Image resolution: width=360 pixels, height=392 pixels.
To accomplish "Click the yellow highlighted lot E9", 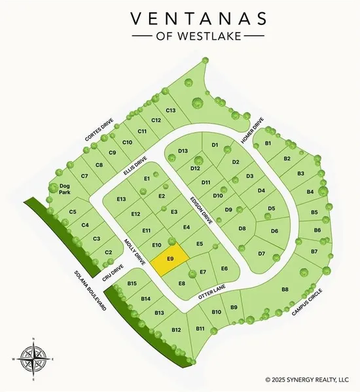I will click(x=170, y=260).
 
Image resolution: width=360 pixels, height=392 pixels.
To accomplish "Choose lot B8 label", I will click(x=285, y=289).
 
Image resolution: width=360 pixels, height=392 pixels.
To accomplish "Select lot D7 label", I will click(x=261, y=253).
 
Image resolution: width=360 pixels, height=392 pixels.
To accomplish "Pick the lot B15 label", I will click(x=132, y=283).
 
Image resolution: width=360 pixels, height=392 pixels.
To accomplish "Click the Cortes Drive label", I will click(x=99, y=130).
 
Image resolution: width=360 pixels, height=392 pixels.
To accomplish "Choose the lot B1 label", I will click(x=268, y=143).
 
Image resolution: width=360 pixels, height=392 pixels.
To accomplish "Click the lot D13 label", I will click(x=183, y=151).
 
